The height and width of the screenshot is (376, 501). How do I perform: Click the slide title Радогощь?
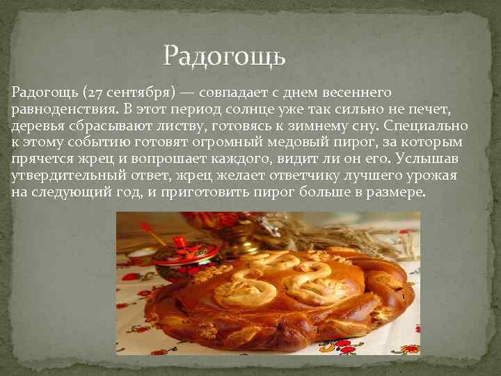[x=224, y=56]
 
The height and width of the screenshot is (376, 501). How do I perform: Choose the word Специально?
[x=432, y=126]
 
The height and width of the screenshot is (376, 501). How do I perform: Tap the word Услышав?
[x=436, y=159]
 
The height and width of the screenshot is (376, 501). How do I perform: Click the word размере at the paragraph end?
[x=393, y=193]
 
